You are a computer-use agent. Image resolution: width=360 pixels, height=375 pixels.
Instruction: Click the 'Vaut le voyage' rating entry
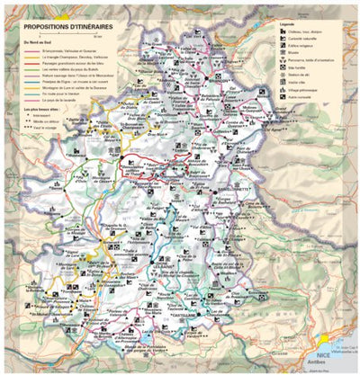click(40, 128)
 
